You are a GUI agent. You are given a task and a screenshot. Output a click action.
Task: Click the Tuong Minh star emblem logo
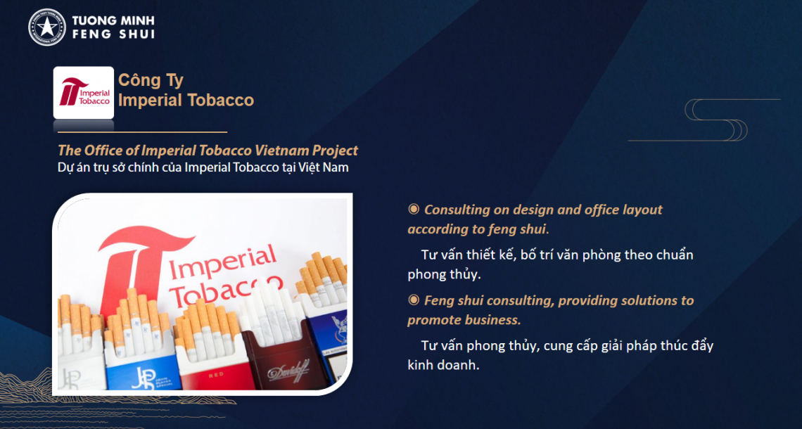coord(47,27)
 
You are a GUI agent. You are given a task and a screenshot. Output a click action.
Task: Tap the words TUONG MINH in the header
coord(113,21)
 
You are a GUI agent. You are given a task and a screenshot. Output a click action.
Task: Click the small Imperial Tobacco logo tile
coord(84,93)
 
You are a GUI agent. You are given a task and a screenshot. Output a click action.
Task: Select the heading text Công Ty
coord(151,80)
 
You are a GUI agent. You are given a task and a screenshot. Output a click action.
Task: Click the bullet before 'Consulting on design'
coord(413,209)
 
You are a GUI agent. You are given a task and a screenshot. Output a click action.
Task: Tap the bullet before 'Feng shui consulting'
coord(413,300)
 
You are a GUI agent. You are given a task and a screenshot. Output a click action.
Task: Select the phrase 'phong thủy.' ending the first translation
coord(445,274)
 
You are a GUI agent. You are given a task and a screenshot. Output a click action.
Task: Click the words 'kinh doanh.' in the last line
coord(443,366)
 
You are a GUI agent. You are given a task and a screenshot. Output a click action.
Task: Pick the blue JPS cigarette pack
coord(143,366)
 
